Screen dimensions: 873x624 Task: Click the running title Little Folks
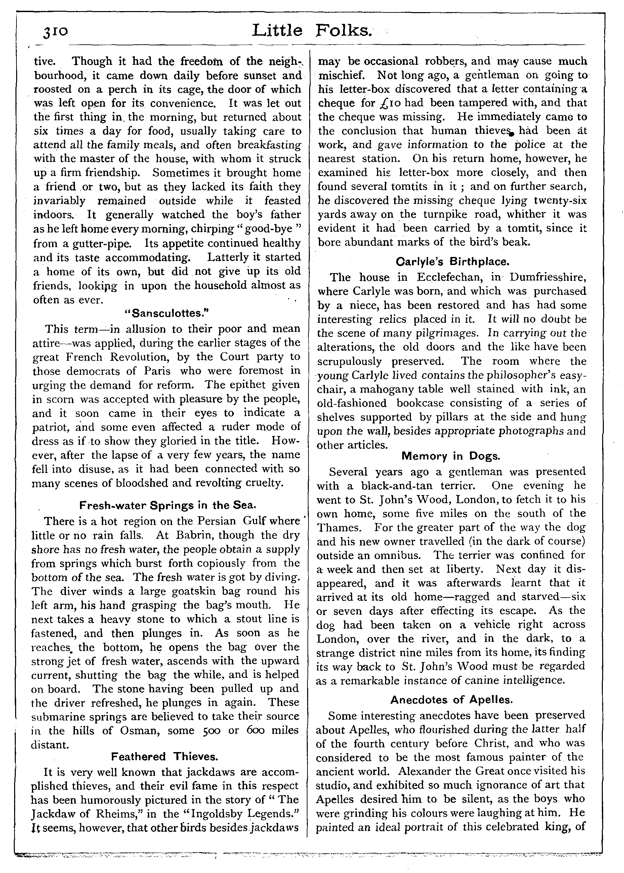click(312, 30)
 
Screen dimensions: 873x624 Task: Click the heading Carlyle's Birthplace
click(452, 262)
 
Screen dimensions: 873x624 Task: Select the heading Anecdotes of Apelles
click(452, 700)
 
